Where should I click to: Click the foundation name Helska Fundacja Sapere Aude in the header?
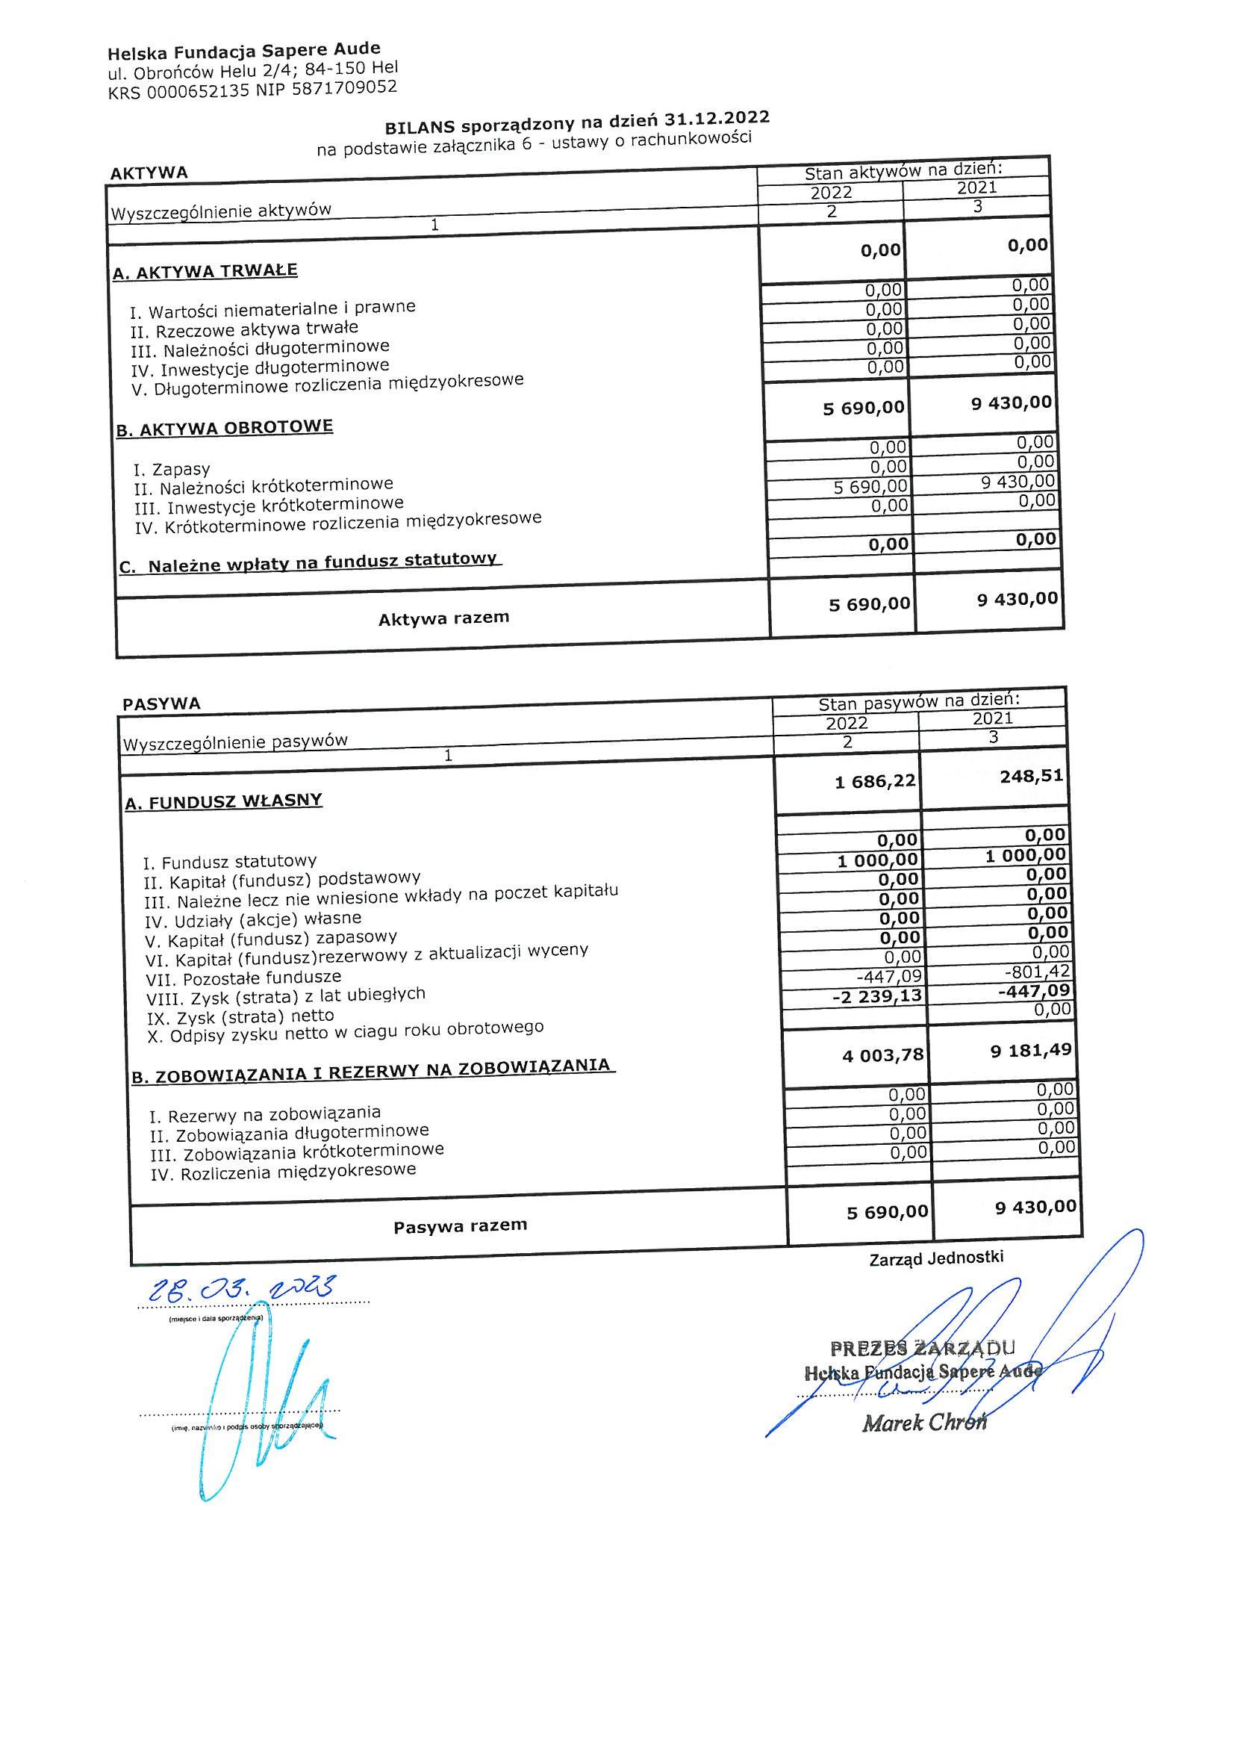point(243,52)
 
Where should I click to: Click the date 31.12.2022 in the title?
point(716,119)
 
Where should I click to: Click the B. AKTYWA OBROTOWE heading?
point(225,427)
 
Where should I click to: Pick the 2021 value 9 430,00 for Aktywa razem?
point(1018,599)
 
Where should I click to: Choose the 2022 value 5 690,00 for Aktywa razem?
point(869,604)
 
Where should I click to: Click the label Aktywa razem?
point(444,618)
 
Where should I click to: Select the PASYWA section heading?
point(161,704)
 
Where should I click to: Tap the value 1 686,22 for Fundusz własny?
point(875,781)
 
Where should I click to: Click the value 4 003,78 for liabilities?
point(882,1055)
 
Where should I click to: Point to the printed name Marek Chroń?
point(923,1423)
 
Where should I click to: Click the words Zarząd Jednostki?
point(936,1258)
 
